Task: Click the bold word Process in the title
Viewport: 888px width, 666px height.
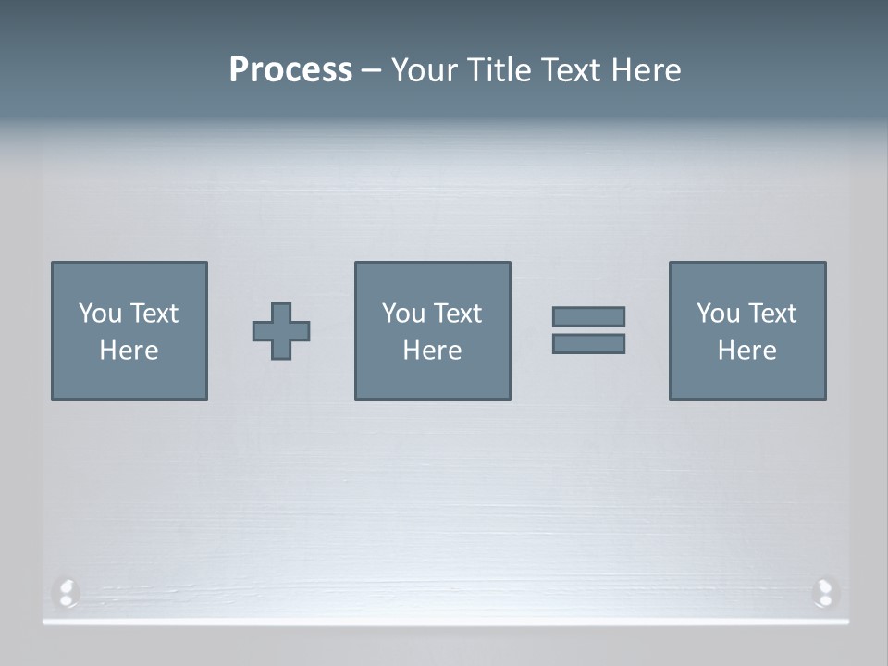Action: (x=290, y=70)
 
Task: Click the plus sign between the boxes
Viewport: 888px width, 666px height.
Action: (x=281, y=331)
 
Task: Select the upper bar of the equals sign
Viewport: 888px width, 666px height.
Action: (x=588, y=316)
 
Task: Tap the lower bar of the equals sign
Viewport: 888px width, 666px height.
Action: (x=588, y=343)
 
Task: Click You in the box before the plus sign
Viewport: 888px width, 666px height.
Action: (x=100, y=314)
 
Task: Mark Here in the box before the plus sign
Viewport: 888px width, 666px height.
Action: (x=129, y=351)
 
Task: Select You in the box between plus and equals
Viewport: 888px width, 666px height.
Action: (x=403, y=314)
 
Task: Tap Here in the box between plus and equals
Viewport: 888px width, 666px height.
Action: (x=432, y=351)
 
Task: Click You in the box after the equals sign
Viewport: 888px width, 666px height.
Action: (x=718, y=314)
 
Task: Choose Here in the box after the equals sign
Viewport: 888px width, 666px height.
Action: (x=746, y=351)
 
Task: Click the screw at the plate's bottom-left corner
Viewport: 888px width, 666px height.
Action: (x=66, y=591)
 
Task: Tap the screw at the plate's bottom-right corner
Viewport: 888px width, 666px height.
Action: (x=823, y=591)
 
